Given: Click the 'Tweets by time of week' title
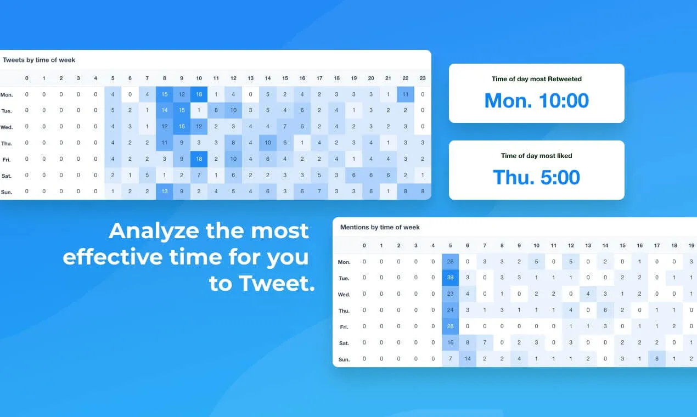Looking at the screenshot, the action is pos(39,60).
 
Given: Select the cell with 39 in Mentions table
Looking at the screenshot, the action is pos(450,278).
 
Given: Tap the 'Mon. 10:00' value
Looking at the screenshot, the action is pos(536,100).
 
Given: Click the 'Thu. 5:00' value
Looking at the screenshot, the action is pos(536,177).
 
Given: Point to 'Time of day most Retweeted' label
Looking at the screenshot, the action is pos(536,79).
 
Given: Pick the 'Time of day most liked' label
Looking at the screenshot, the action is pos(536,156).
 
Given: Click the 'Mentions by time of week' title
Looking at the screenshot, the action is pos(380,227).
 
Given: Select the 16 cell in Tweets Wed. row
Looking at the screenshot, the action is pos(182,126).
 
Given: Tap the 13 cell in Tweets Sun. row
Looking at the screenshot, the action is pos(164,191).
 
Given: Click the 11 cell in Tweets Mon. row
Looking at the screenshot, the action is pos(405,94).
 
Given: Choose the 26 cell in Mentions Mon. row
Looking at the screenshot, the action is pos(450,261).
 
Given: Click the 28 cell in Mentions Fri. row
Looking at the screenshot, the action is pos(450,326).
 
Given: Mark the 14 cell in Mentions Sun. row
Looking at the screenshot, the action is pos(468,358).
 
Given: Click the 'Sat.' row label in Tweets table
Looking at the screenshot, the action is pos(7,176).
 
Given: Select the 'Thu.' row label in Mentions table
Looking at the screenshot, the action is pos(344,311).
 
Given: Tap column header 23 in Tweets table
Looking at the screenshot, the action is pos(422,78).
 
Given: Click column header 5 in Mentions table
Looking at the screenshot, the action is pos(450,245).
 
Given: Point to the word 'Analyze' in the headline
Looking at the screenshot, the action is pos(154,231).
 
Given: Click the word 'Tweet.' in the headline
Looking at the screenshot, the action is pos(277,283).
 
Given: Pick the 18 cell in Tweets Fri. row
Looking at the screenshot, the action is pos(199,159).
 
